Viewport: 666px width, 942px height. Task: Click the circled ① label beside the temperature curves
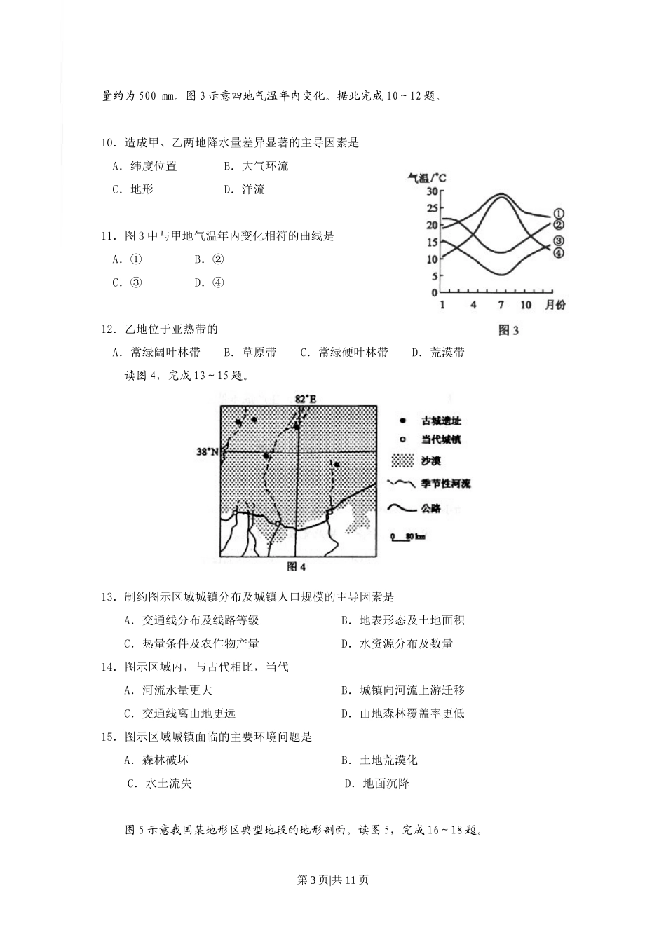(x=559, y=214)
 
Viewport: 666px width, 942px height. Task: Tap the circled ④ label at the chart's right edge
(x=559, y=253)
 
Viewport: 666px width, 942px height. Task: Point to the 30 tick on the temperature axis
(x=432, y=191)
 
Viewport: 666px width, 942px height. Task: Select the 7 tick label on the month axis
(x=501, y=305)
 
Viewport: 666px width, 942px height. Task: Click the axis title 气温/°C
(x=427, y=178)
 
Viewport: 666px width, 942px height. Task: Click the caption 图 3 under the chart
(x=508, y=330)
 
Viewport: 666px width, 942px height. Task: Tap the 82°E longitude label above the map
(x=306, y=399)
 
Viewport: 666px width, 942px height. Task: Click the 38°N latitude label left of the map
(x=207, y=452)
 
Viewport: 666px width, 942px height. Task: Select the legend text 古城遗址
(x=441, y=421)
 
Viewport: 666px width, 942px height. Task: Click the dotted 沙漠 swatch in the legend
(x=402, y=460)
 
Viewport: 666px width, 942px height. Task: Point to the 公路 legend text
(x=431, y=508)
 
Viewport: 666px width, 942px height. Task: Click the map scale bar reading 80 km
(x=408, y=537)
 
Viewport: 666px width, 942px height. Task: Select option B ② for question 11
(x=210, y=259)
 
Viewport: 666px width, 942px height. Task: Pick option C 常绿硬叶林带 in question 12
(x=344, y=353)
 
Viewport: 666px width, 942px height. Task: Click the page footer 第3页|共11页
(x=333, y=880)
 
